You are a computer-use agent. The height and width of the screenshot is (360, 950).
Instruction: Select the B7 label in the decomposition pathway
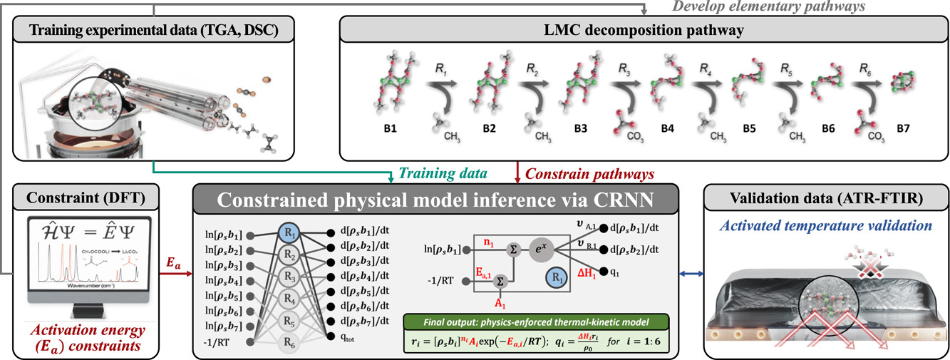click(x=901, y=131)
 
